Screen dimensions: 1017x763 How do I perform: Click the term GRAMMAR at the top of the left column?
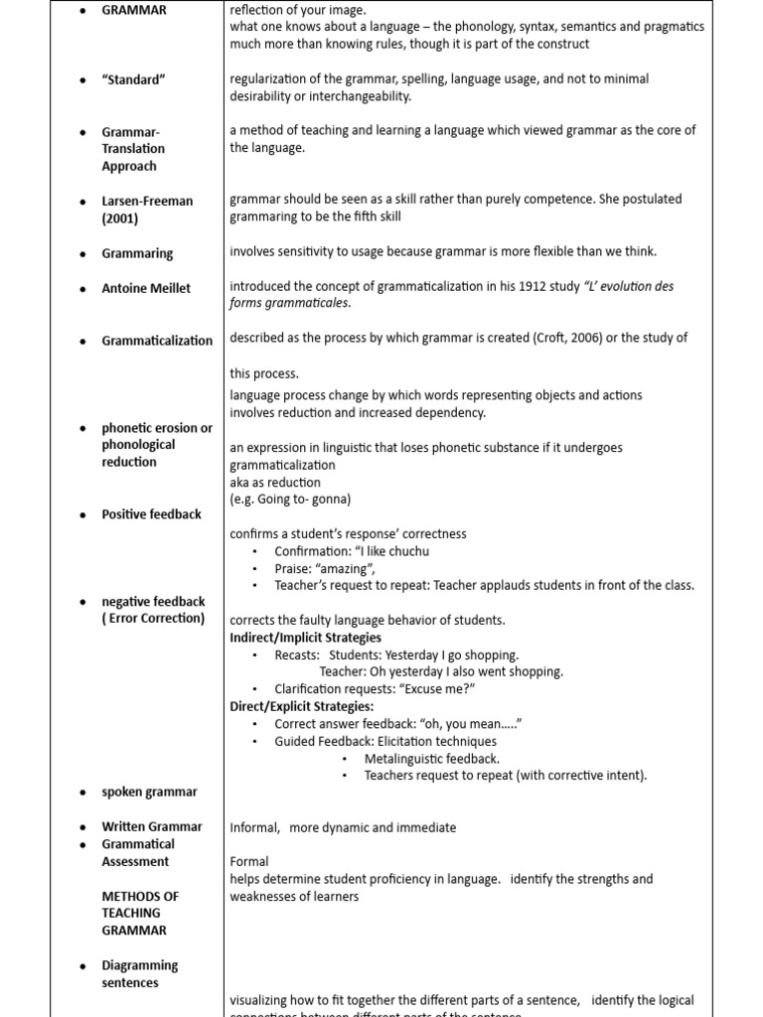[x=134, y=10]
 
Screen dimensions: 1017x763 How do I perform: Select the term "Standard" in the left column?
[x=133, y=80]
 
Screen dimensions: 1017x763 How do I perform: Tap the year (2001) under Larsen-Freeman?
[x=120, y=218]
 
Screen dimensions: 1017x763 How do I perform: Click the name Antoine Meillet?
[x=146, y=288]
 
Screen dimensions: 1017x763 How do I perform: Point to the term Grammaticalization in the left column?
[x=157, y=341]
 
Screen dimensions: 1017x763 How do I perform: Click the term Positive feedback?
[x=151, y=514]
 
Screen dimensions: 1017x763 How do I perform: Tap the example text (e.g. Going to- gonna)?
[x=290, y=500]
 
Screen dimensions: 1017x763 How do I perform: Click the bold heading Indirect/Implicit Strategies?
[x=305, y=638]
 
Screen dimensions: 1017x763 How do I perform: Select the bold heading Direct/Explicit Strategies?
[x=302, y=706]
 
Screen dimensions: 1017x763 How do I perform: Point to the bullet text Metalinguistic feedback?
[x=432, y=759]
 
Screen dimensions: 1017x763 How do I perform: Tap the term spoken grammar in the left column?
[x=149, y=793]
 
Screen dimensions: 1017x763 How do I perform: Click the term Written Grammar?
[x=151, y=826]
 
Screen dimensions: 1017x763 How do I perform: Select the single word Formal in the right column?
[x=249, y=861]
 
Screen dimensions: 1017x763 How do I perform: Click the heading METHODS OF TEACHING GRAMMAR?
[x=140, y=913]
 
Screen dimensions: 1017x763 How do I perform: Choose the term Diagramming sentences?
[x=139, y=974]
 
